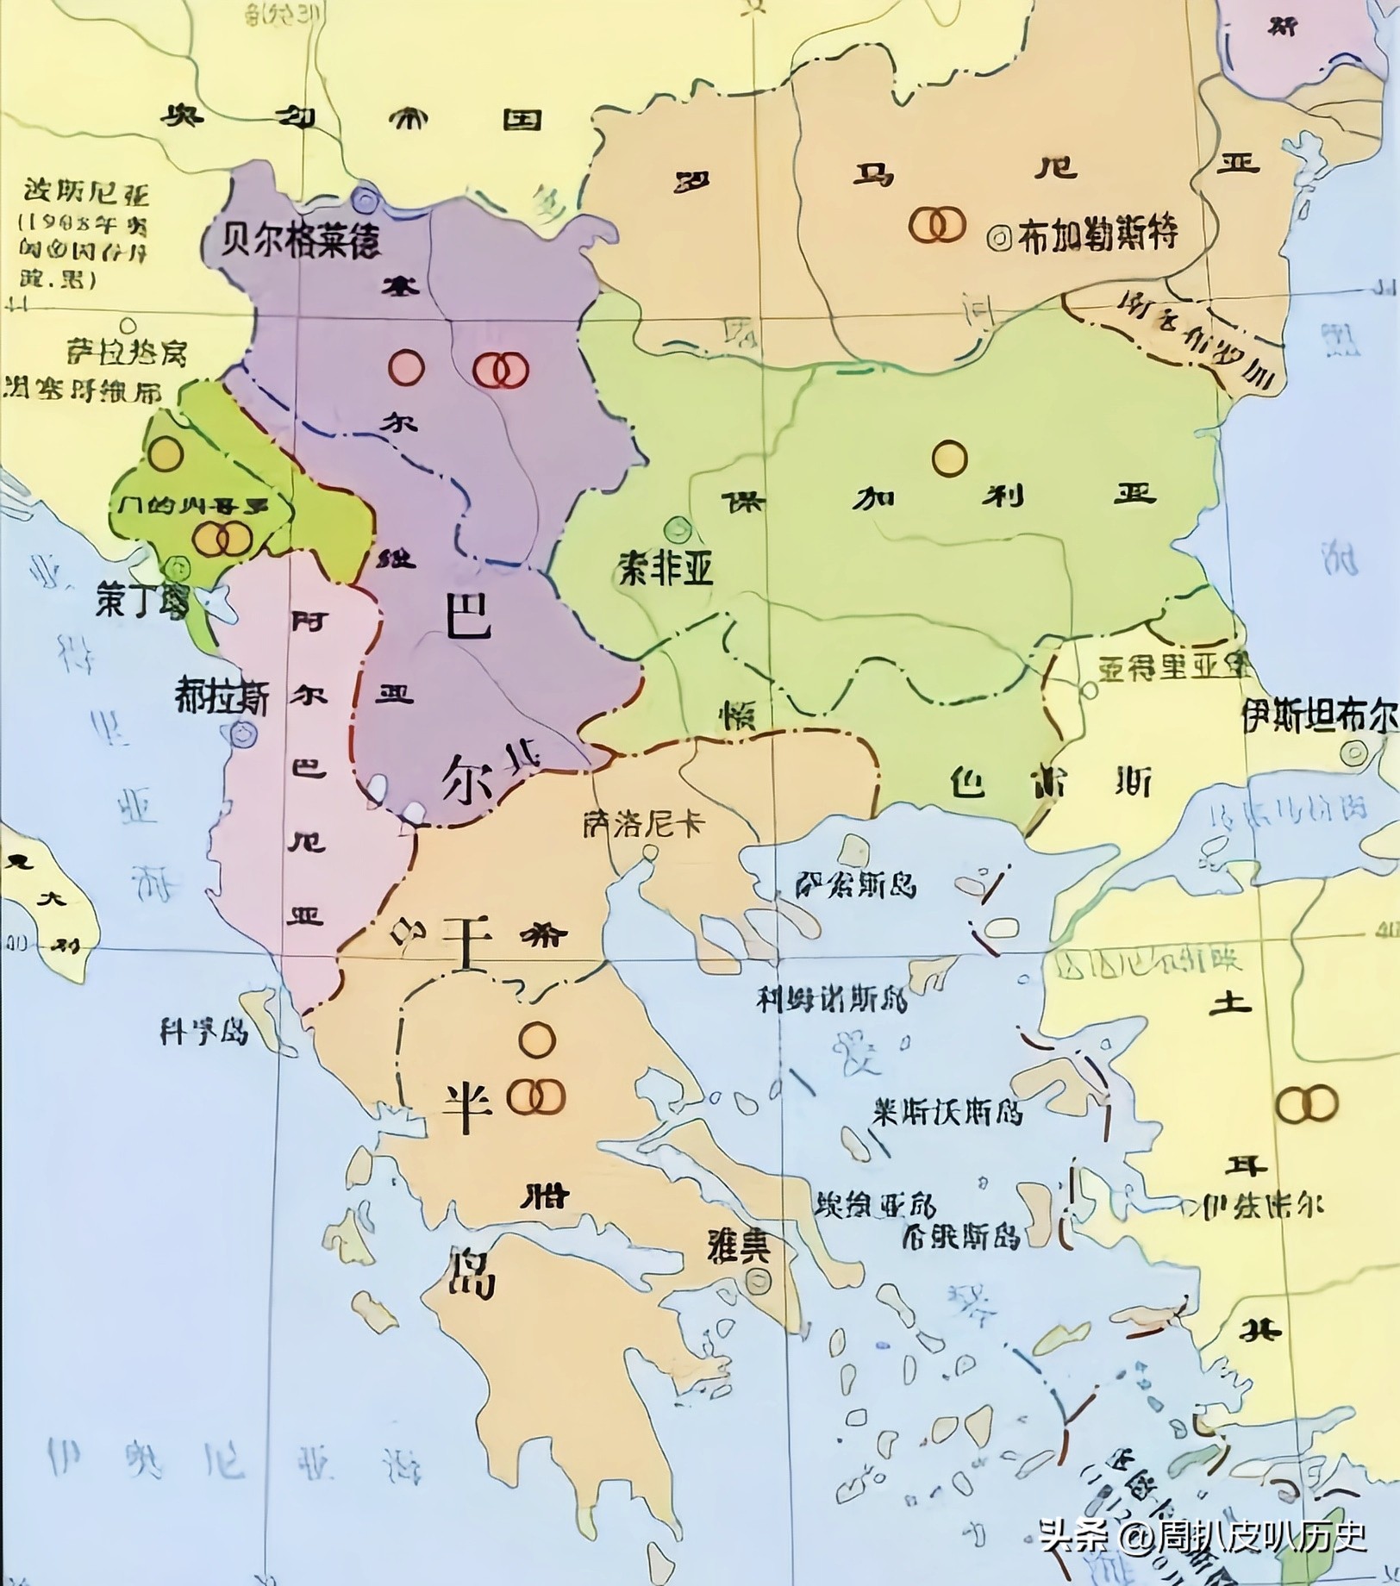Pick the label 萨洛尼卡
coord(643,821)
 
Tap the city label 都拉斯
coord(222,696)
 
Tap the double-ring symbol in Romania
coord(937,224)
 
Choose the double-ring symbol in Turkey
coord(1306,1104)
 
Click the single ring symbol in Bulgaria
coord(949,458)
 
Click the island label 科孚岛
coord(203,1031)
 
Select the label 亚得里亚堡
coord(1174,667)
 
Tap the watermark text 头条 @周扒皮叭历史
coord(1203,1535)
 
